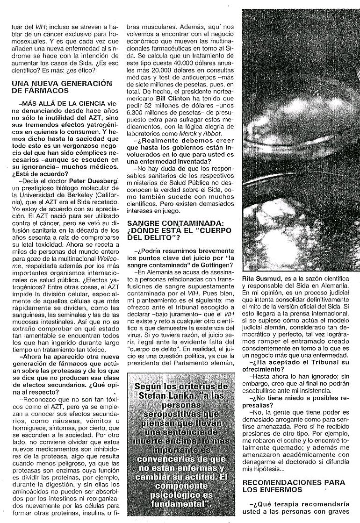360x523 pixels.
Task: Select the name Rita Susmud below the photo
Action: coord(259,279)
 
